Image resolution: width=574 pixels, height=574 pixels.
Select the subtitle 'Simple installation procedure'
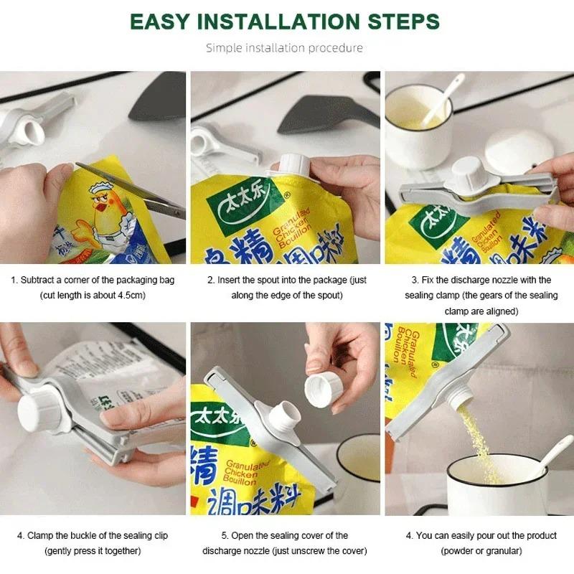(284, 48)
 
